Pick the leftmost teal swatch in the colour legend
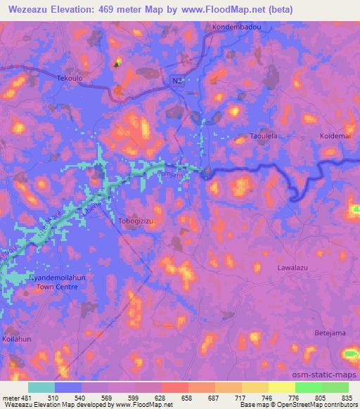click(41, 387)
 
